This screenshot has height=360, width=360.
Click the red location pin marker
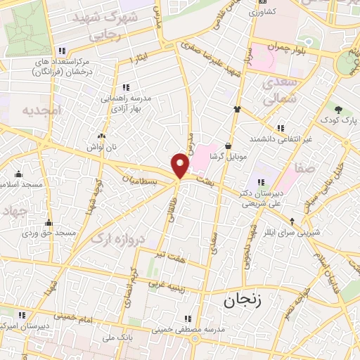[x=181, y=166]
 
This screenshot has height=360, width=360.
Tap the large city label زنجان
[x=243, y=302]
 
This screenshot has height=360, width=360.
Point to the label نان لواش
[x=101, y=147]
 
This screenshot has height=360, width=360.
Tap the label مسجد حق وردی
[x=48, y=233]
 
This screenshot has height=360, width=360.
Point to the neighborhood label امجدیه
[x=41, y=110]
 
